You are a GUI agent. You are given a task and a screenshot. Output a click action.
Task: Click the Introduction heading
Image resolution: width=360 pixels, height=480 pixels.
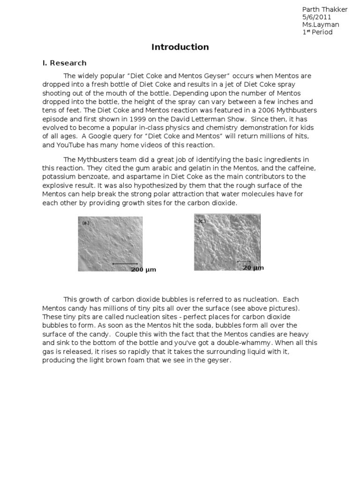click(180, 47)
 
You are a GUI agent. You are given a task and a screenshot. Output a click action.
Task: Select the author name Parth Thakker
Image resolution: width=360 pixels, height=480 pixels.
click(325, 10)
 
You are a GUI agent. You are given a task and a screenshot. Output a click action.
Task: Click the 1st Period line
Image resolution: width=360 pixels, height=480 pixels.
click(317, 32)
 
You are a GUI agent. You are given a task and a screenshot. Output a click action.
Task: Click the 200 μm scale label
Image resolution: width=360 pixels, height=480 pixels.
click(143, 270)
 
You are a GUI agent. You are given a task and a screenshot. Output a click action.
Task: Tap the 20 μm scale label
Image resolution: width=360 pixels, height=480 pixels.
click(253, 268)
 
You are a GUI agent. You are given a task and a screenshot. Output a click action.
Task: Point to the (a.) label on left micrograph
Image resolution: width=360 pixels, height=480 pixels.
click(86, 223)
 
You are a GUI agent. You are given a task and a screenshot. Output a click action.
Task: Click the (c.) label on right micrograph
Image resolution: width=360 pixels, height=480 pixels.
click(202, 221)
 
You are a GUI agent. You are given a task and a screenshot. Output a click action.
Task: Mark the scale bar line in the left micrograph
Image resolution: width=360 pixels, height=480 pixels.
click(125, 264)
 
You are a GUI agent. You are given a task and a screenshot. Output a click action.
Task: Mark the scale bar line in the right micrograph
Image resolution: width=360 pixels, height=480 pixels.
click(244, 261)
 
